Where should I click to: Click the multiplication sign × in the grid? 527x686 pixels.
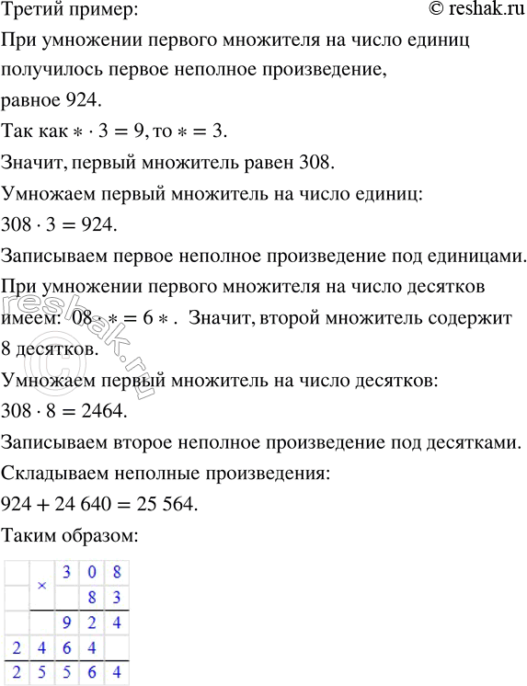tap(41, 585)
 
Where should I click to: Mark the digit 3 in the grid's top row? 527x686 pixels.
tap(66, 572)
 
